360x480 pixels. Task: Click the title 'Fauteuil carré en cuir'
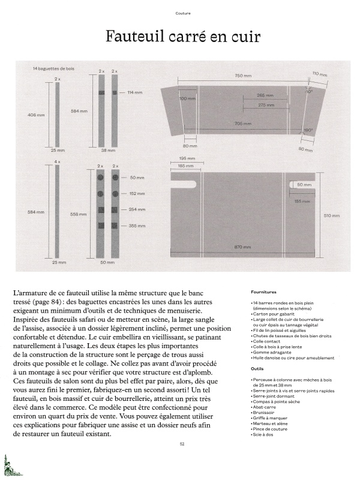pyautogui.click(x=182, y=37)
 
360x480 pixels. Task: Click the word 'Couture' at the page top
pyautogui.click(x=183, y=13)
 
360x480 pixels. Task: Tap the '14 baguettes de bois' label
pyautogui.click(x=54, y=70)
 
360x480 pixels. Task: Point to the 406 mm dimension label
pyautogui.click(x=37, y=115)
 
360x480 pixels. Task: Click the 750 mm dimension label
pyautogui.click(x=242, y=76)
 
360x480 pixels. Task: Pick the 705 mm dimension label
pyautogui.click(x=242, y=123)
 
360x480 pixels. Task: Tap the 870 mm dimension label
pyautogui.click(x=242, y=247)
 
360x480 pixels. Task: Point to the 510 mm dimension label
pyautogui.click(x=331, y=215)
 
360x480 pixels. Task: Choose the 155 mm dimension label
pyautogui.click(x=302, y=201)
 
